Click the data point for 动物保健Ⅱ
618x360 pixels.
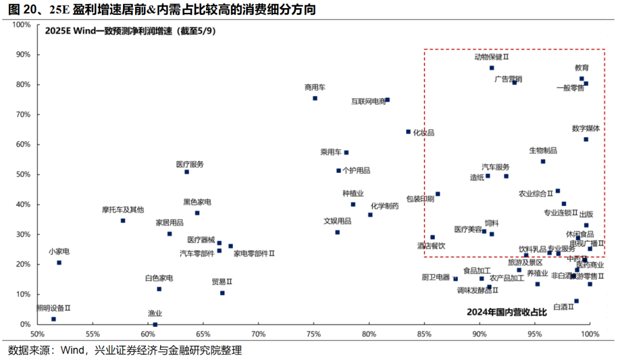[492, 68]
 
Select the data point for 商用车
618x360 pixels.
[315, 98]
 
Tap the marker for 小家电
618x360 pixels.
[59, 263]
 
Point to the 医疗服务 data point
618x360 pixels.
[187, 172]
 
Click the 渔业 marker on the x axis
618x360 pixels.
[155, 325]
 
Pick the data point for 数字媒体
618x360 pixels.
[586, 139]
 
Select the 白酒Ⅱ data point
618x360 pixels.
[576, 301]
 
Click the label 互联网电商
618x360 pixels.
[369, 102]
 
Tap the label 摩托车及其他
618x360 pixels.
[123, 209]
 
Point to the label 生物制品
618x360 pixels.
[543, 151]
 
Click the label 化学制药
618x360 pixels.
[385, 206]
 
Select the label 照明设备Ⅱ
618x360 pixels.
[53, 308]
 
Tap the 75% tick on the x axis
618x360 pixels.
[314, 334]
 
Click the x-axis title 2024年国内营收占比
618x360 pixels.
[507, 312]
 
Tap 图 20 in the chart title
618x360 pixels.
[20, 10]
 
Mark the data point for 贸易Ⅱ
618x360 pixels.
[223, 293]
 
